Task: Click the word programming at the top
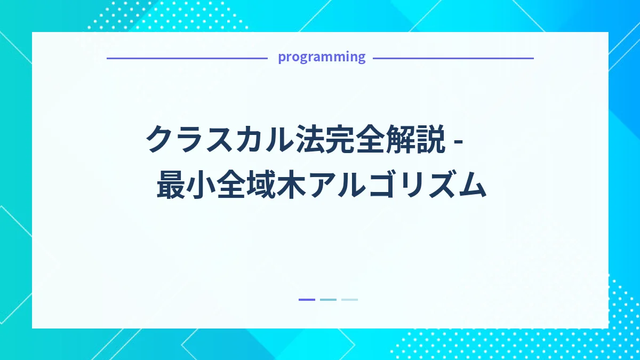click(322, 57)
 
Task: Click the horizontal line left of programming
click(187, 58)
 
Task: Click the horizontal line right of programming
click(453, 58)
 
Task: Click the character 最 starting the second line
click(173, 185)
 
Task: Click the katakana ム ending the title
click(471, 185)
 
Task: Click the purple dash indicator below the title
click(307, 300)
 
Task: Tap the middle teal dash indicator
click(328, 300)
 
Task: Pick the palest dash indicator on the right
click(349, 300)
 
